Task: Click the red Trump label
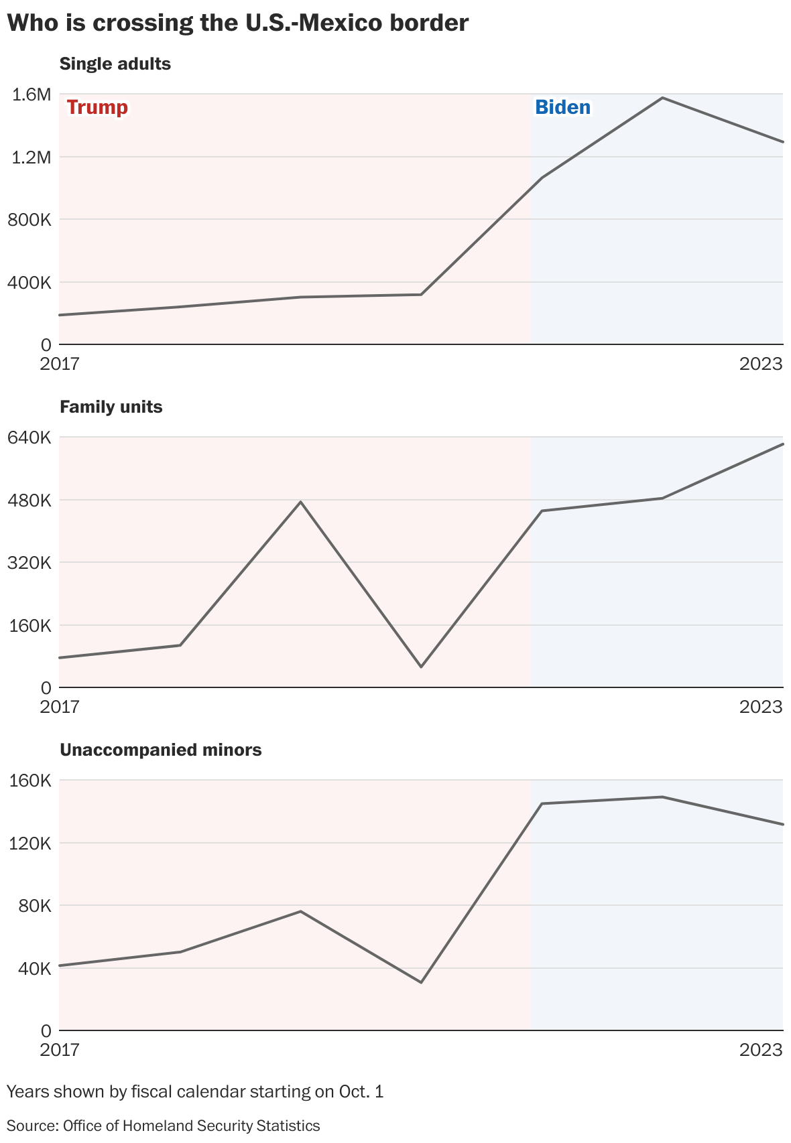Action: (x=97, y=107)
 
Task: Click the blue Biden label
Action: (x=562, y=107)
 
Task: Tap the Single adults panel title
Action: (x=115, y=64)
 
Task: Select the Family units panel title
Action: (x=111, y=407)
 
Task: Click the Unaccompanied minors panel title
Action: (x=160, y=750)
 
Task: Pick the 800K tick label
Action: (x=29, y=220)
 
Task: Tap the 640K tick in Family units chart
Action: (x=29, y=438)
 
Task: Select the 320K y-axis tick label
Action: (x=29, y=563)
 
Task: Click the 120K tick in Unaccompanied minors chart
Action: (x=29, y=843)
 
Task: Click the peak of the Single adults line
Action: (x=662, y=98)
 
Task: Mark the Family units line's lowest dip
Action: (x=421, y=667)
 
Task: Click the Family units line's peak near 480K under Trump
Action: (x=301, y=502)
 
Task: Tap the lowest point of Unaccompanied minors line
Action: (x=421, y=982)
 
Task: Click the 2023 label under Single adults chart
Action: (x=761, y=364)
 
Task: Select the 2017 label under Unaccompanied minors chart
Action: (x=59, y=1049)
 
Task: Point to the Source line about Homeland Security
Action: (x=163, y=1126)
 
